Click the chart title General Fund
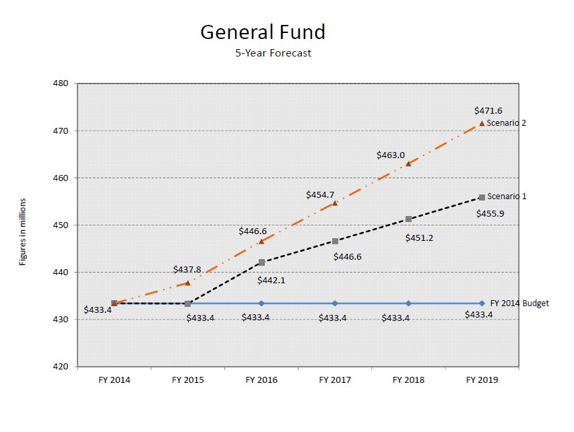pyautogui.click(x=263, y=32)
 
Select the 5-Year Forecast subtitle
pyautogui.click(x=273, y=53)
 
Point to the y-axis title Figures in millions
pyautogui.click(x=23, y=231)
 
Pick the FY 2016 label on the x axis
pyautogui.click(x=261, y=380)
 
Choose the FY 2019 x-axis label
pyautogui.click(x=482, y=380)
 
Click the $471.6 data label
pyautogui.click(x=488, y=110)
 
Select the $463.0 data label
pyautogui.click(x=391, y=155)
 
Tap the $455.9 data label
pyautogui.click(x=491, y=213)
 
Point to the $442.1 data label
pyautogui.click(x=272, y=280)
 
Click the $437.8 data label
pyautogui.click(x=187, y=269)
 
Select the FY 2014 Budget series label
pyautogui.click(x=519, y=303)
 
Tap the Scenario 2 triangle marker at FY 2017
pyautogui.click(x=335, y=203)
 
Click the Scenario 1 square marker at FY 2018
pyautogui.click(x=408, y=219)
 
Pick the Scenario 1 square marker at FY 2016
pyautogui.click(x=261, y=262)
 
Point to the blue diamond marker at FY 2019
pyautogui.click(x=482, y=303)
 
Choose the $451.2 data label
pyautogui.click(x=419, y=237)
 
